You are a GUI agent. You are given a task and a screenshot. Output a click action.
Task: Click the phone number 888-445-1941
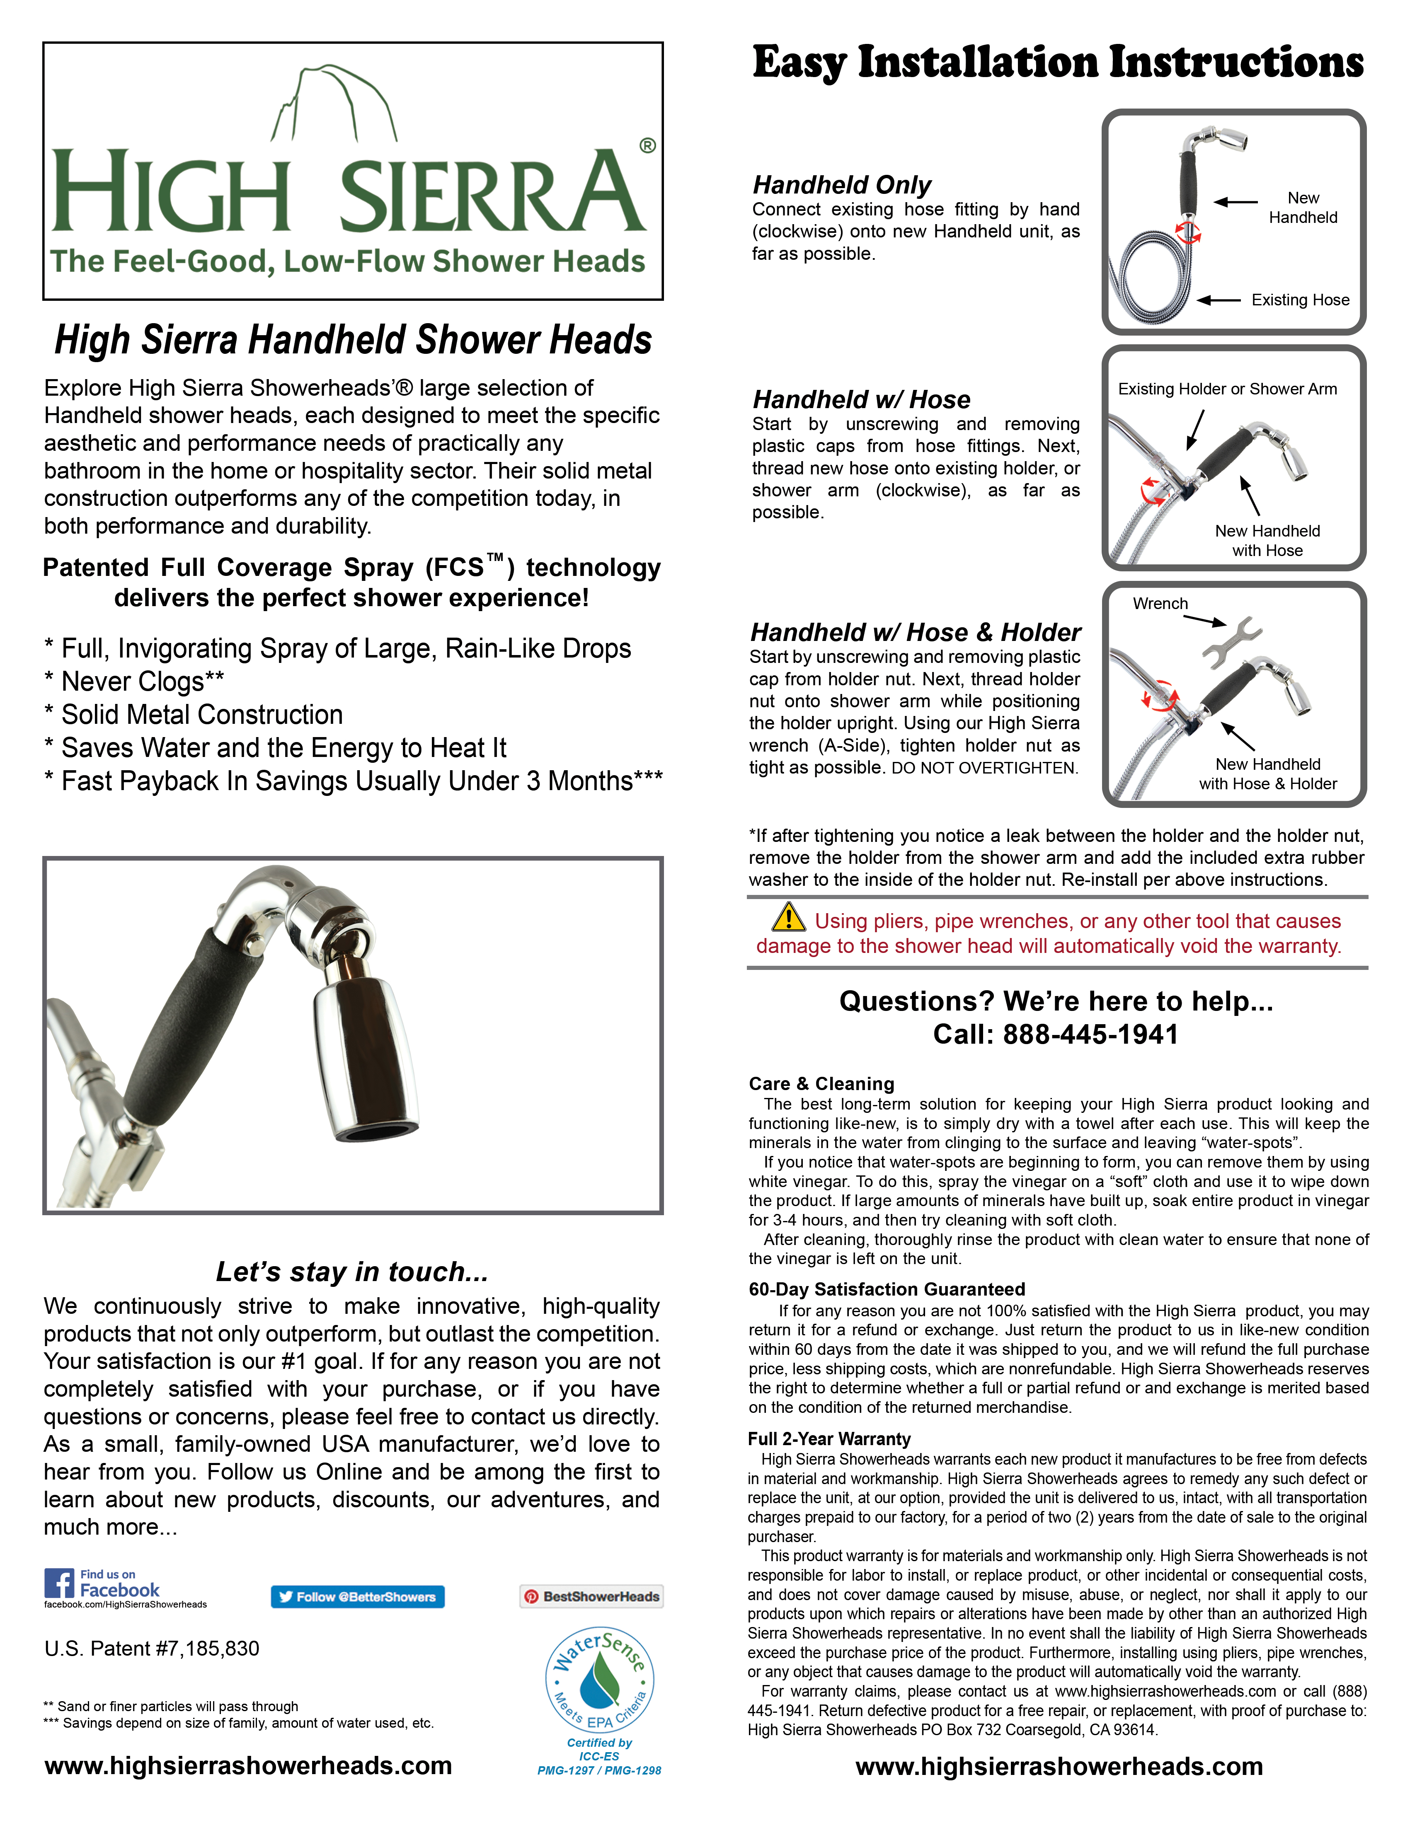pos(1090,1035)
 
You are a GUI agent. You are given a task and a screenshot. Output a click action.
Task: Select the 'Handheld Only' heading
pos(841,184)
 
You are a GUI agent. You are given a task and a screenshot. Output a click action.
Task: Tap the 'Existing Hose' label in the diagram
pos(1300,300)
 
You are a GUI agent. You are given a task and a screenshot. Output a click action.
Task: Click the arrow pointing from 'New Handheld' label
pos(1236,202)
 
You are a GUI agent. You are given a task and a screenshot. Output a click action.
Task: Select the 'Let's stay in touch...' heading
pos(351,1271)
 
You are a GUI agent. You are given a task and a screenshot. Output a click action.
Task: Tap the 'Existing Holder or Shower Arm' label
pos(1227,389)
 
